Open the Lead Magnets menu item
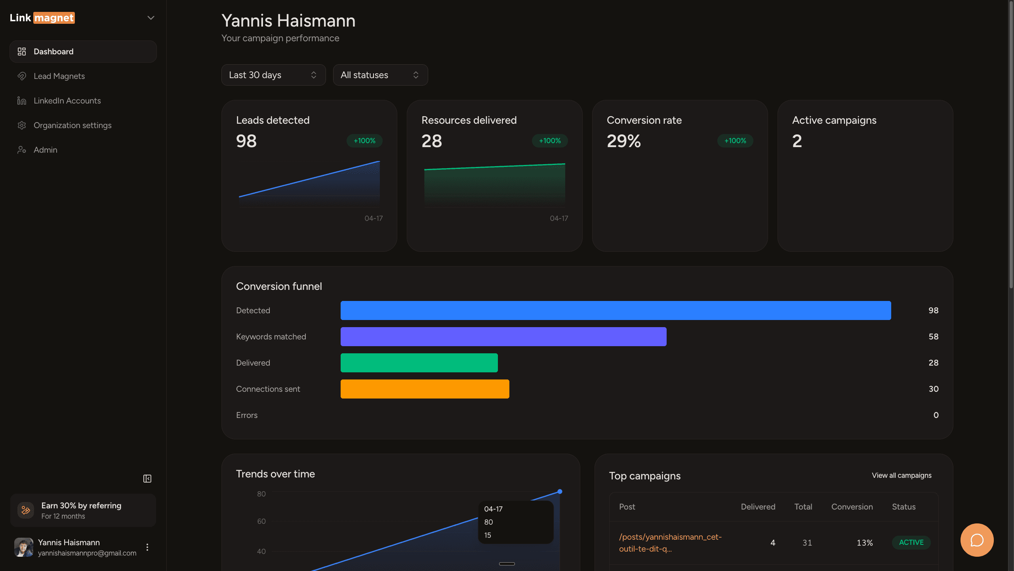click(x=59, y=76)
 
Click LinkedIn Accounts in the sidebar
click(x=67, y=101)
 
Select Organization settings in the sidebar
click(x=72, y=125)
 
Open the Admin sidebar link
click(x=45, y=150)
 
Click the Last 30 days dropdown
click(x=273, y=75)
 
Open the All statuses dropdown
click(x=380, y=75)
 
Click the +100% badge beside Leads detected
click(x=364, y=141)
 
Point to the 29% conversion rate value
click(x=624, y=141)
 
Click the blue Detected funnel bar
click(x=616, y=310)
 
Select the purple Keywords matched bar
click(x=503, y=337)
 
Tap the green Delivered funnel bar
click(x=419, y=363)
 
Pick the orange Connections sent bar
click(x=425, y=389)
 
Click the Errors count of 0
click(x=936, y=415)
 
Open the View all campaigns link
click(x=902, y=475)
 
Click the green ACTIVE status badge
click(x=911, y=542)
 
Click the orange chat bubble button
click(x=977, y=540)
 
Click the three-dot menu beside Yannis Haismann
click(x=147, y=547)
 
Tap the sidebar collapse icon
click(x=147, y=479)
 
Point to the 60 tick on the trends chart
click(x=261, y=521)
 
